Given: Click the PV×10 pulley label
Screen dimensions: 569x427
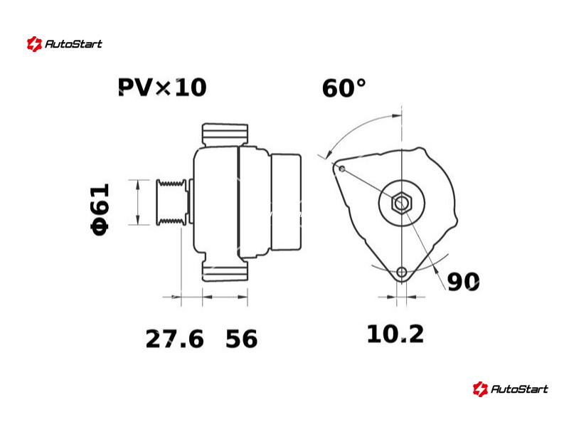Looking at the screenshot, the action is point(162,87).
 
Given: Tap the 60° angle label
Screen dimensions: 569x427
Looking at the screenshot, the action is point(344,88).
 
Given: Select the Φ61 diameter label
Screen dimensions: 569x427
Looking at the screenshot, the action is point(100,209).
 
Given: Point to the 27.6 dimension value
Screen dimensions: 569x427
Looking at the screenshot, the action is point(174,339).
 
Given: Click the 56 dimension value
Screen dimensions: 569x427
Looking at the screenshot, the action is point(241,339).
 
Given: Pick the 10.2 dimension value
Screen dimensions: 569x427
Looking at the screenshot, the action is point(395,334).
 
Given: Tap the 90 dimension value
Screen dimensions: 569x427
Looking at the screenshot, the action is point(464,281).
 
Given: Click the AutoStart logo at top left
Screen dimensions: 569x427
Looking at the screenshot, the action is point(64,44).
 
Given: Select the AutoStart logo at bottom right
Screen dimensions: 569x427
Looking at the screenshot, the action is point(510,389).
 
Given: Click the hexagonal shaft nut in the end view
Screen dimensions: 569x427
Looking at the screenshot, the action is point(401,203).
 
